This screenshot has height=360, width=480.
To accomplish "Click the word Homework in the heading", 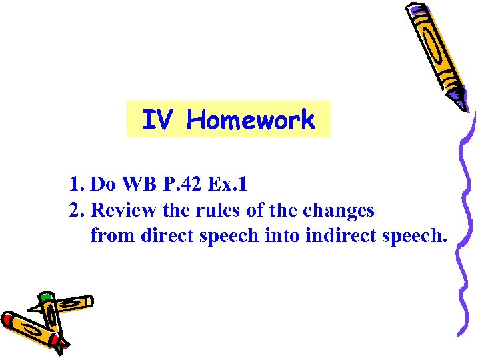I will tap(251, 121).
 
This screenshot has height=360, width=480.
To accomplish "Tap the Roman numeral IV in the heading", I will tap(158, 121).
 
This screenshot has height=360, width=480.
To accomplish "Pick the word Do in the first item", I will tap(101, 183).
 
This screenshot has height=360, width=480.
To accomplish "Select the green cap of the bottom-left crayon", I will tap(45, 297).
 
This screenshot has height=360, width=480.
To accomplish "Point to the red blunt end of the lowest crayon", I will tap(7, 319).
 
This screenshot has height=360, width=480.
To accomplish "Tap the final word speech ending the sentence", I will tap(418, 236).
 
